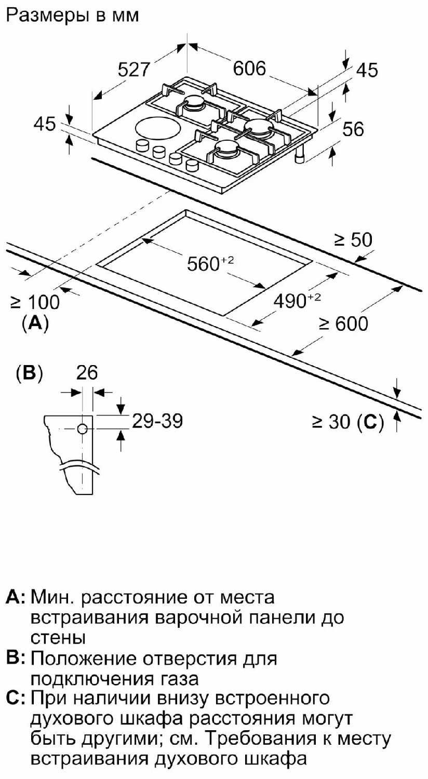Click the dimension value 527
pos(133,70)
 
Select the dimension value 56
pos(353,129)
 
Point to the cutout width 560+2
pos(208,264)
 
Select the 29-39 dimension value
pos(156,421)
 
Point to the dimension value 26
pos(87,373)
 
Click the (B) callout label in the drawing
pos(29,373)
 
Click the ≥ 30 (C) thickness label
pos(347,423)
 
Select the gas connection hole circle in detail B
pos(83,428)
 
